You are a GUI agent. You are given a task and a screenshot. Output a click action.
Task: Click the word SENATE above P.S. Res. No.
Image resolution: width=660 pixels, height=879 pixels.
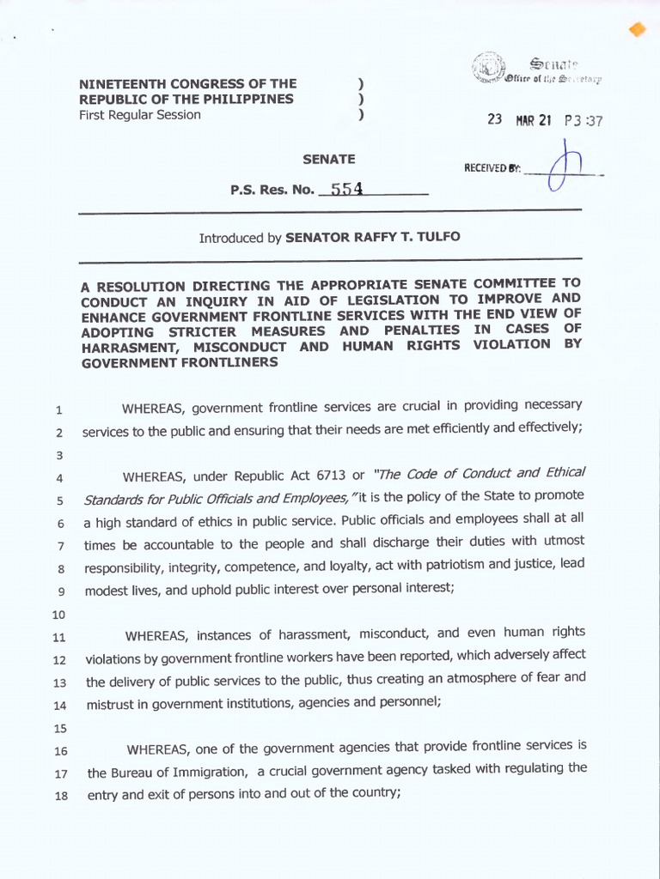[328, 159]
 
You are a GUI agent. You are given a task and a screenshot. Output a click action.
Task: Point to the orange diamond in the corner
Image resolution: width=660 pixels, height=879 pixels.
[637, 30]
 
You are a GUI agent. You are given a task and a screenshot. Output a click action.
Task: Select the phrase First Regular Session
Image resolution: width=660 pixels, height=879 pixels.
[140, 115]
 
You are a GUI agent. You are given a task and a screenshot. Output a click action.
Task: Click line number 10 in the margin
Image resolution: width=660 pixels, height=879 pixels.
[59, 615]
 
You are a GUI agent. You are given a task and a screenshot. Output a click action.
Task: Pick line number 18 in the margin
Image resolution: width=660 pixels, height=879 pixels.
[60, 795]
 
